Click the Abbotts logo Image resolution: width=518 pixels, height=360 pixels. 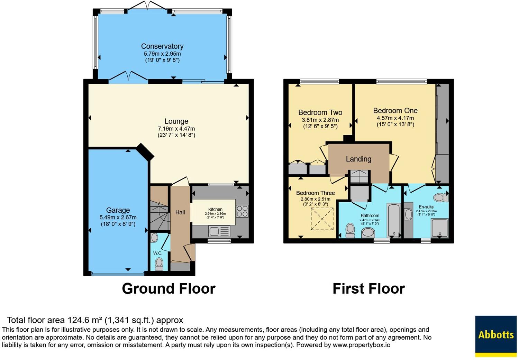click(496, 335)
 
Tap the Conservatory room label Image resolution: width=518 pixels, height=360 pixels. click(162, 46)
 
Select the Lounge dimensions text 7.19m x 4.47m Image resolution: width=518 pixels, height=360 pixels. click(176, 129)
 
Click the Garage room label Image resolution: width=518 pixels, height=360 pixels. click(118, 210)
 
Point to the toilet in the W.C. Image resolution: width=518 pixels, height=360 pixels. click(159, 264)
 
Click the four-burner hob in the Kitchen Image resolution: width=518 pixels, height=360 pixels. click(242, 211)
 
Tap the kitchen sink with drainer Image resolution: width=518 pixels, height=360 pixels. click(219, 231)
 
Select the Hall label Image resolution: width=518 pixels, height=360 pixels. click(180, 212)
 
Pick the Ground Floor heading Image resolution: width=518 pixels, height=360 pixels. click(169, 288)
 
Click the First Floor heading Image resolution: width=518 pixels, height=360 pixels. click(369, 288)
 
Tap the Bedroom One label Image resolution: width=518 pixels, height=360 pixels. click(395, 111)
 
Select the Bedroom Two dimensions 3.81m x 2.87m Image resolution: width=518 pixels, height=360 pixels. click(320, 120)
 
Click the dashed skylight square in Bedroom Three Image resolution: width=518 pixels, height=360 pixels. click(322, 219)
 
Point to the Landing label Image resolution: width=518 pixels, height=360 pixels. click(358, 159)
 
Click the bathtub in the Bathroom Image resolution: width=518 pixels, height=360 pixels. click(393, 220)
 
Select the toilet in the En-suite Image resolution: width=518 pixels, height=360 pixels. click(440, 197)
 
